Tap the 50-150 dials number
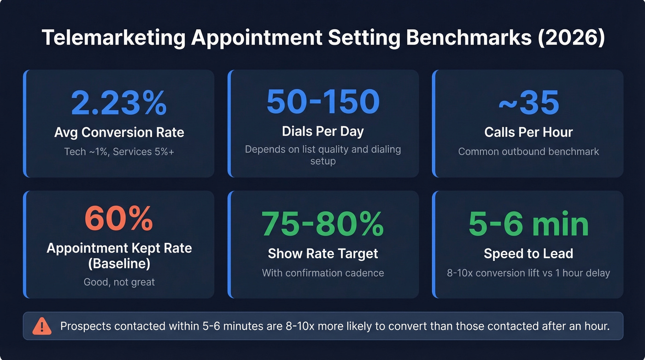pos(323,101)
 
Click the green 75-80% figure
pos(323,224)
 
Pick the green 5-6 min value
pos(528,224)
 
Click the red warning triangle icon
pos(42,326)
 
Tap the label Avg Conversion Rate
pos(119,132)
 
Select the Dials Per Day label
pos(323,131)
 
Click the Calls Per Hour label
pos(528,132)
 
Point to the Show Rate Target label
pos(323,253)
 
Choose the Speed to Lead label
pos(528,253)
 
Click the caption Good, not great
pos(119,282)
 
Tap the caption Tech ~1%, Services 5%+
pos(119,151)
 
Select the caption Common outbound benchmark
pos(528,151)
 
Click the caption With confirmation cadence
pos(323,272)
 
